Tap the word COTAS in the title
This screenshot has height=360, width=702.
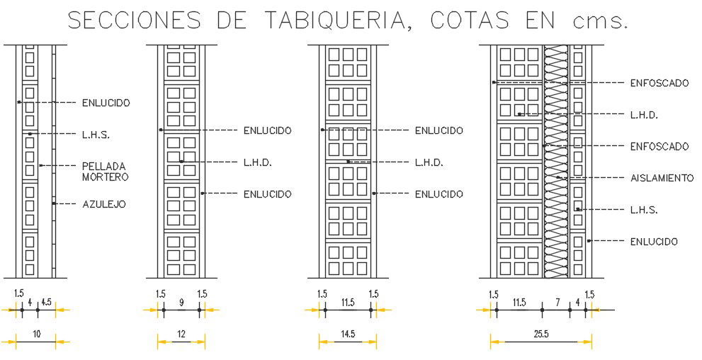(x=470, y=21)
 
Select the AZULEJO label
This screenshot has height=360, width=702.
(x=104, y=204)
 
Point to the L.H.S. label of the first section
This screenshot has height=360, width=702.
(x=96, y=134)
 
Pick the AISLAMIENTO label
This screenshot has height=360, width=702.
(x=662, y=178)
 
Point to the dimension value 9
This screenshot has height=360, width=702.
(x=181, y=303)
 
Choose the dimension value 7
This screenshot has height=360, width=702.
(x=557, y=303)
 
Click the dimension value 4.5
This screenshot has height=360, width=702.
(x=46, y=303)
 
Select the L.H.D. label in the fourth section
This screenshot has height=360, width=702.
(x=644, y=115)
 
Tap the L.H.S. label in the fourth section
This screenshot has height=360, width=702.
(x=644, y=210)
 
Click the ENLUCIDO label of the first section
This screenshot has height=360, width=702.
(x=106, y=103)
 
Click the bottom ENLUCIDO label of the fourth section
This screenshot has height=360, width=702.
(x=654, y=242)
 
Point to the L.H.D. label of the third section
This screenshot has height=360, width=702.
(x=429, y=162)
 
